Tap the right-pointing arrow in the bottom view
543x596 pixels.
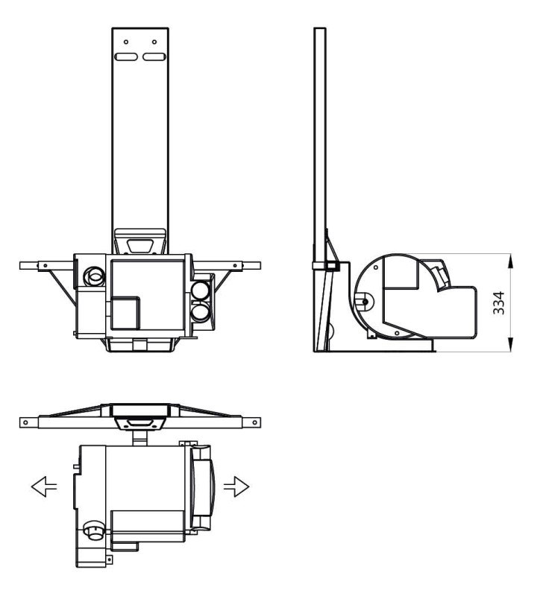[x=239, y=486]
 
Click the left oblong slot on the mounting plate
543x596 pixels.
[x=126, y=57]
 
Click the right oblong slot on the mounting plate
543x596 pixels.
[x=154, y=57]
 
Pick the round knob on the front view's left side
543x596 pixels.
[x=95, y=276]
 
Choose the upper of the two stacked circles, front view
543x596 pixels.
[x=201, y=288]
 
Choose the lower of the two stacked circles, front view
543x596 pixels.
[x=201, y=311]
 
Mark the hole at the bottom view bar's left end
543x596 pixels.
[x=28, y=422]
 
